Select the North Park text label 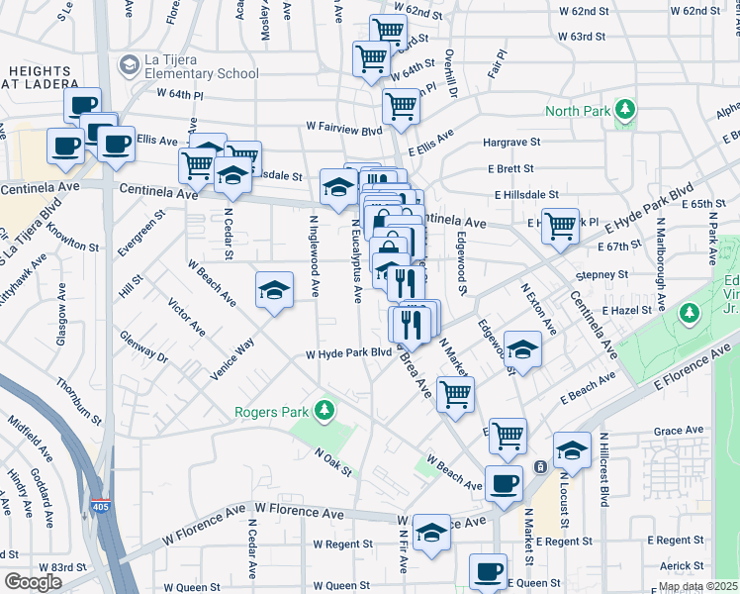[x=578, y=111]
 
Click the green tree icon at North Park [x=625, y=110]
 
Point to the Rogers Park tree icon [x=323, y=410]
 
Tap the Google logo [x=33, y=582]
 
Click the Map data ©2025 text [x=697, y=586]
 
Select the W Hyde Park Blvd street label [x=348, y=352]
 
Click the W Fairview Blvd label [x=344, y=128]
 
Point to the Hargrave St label [x=511, y=144]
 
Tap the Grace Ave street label [x=678, y=431]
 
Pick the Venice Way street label [x=232, y=357]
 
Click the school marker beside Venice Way [x=275, y=289]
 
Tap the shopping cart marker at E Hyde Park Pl [x=561, y=224]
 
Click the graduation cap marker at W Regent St [x=431, y=532]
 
